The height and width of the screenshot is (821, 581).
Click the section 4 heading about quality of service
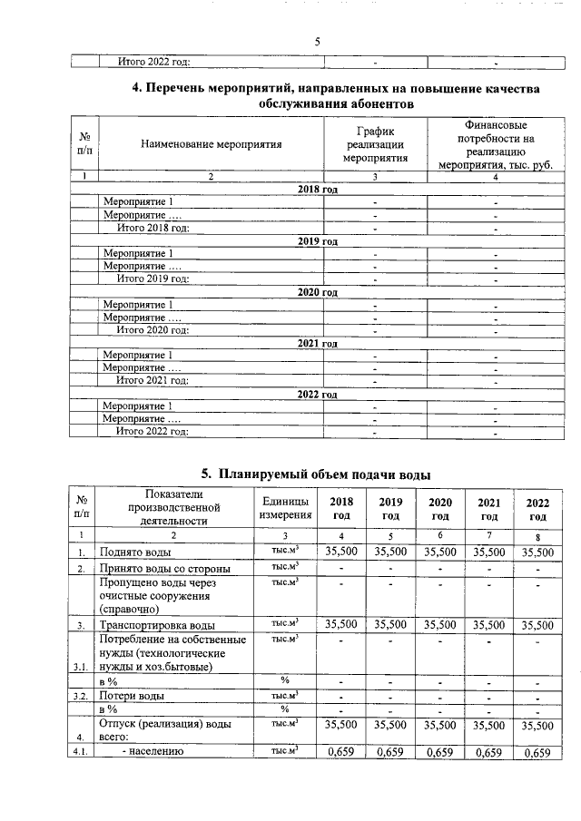coord(336,96)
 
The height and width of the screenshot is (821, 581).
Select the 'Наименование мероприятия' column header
coord(211,143)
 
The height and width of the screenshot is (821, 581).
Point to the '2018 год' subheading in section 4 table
coord(318,189)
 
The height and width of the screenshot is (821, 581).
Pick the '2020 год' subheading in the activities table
coord(318,293)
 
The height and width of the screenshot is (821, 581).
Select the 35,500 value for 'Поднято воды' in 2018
coord(341,551)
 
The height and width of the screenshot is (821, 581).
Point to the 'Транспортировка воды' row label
coord(157,625)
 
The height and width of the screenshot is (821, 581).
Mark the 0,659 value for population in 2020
coord(439,752)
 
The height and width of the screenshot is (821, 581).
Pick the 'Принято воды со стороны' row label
coord(164,569)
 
